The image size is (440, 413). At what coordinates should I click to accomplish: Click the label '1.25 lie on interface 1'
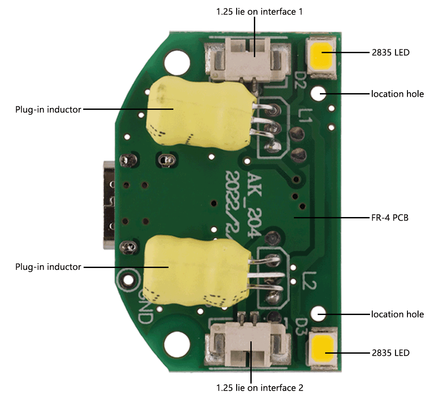point(259,12)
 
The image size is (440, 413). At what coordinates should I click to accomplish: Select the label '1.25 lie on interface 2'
point(260,388)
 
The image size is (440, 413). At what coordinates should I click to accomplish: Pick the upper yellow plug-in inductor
point(198,112)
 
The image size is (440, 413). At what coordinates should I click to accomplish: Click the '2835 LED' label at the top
point(390,53)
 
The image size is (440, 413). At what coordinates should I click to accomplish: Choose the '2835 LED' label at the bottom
point(390,352)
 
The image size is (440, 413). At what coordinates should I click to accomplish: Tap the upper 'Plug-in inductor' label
point(48,109)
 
